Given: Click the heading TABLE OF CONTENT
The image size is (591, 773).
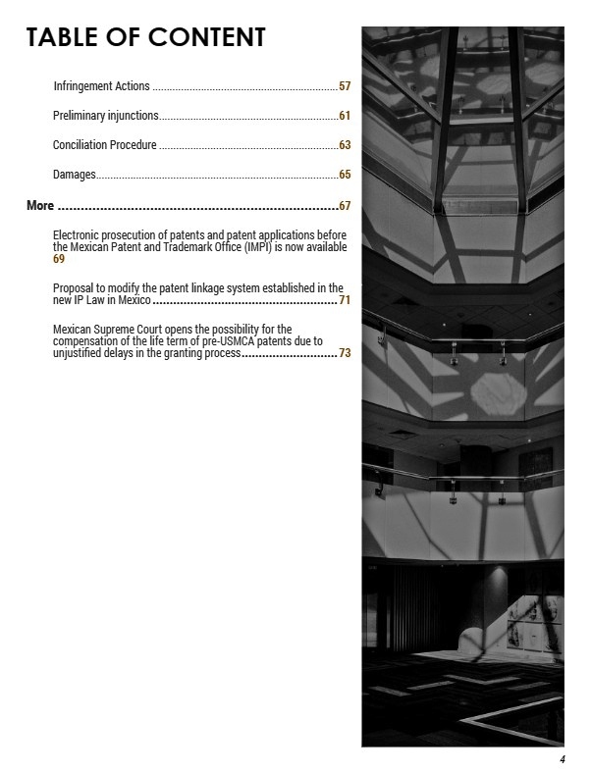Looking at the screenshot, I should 145,37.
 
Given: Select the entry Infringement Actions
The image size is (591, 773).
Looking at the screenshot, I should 101,87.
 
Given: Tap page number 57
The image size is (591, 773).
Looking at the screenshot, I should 345,87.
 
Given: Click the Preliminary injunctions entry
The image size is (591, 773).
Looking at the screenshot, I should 106,117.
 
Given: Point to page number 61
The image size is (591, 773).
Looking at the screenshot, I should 345,117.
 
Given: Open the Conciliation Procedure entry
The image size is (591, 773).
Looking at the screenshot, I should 105,145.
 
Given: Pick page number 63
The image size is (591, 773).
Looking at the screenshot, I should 345,145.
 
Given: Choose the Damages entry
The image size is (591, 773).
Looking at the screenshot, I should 75,175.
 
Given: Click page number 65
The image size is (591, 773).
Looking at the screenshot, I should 345,175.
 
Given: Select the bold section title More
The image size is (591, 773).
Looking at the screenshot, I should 40,206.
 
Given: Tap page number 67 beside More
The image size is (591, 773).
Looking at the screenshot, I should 345,206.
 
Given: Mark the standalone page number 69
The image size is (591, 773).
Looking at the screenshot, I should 59,259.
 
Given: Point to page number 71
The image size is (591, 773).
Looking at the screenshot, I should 345,300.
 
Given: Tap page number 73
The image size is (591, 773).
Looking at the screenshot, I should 345,353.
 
